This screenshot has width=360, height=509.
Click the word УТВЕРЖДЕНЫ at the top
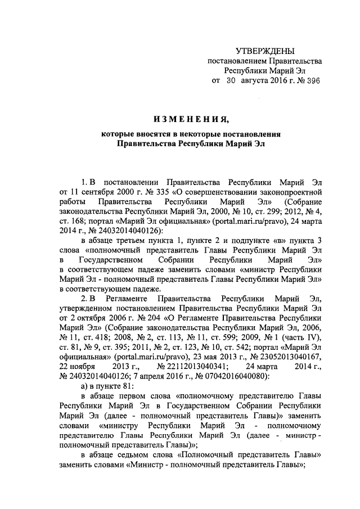click(264, 52)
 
